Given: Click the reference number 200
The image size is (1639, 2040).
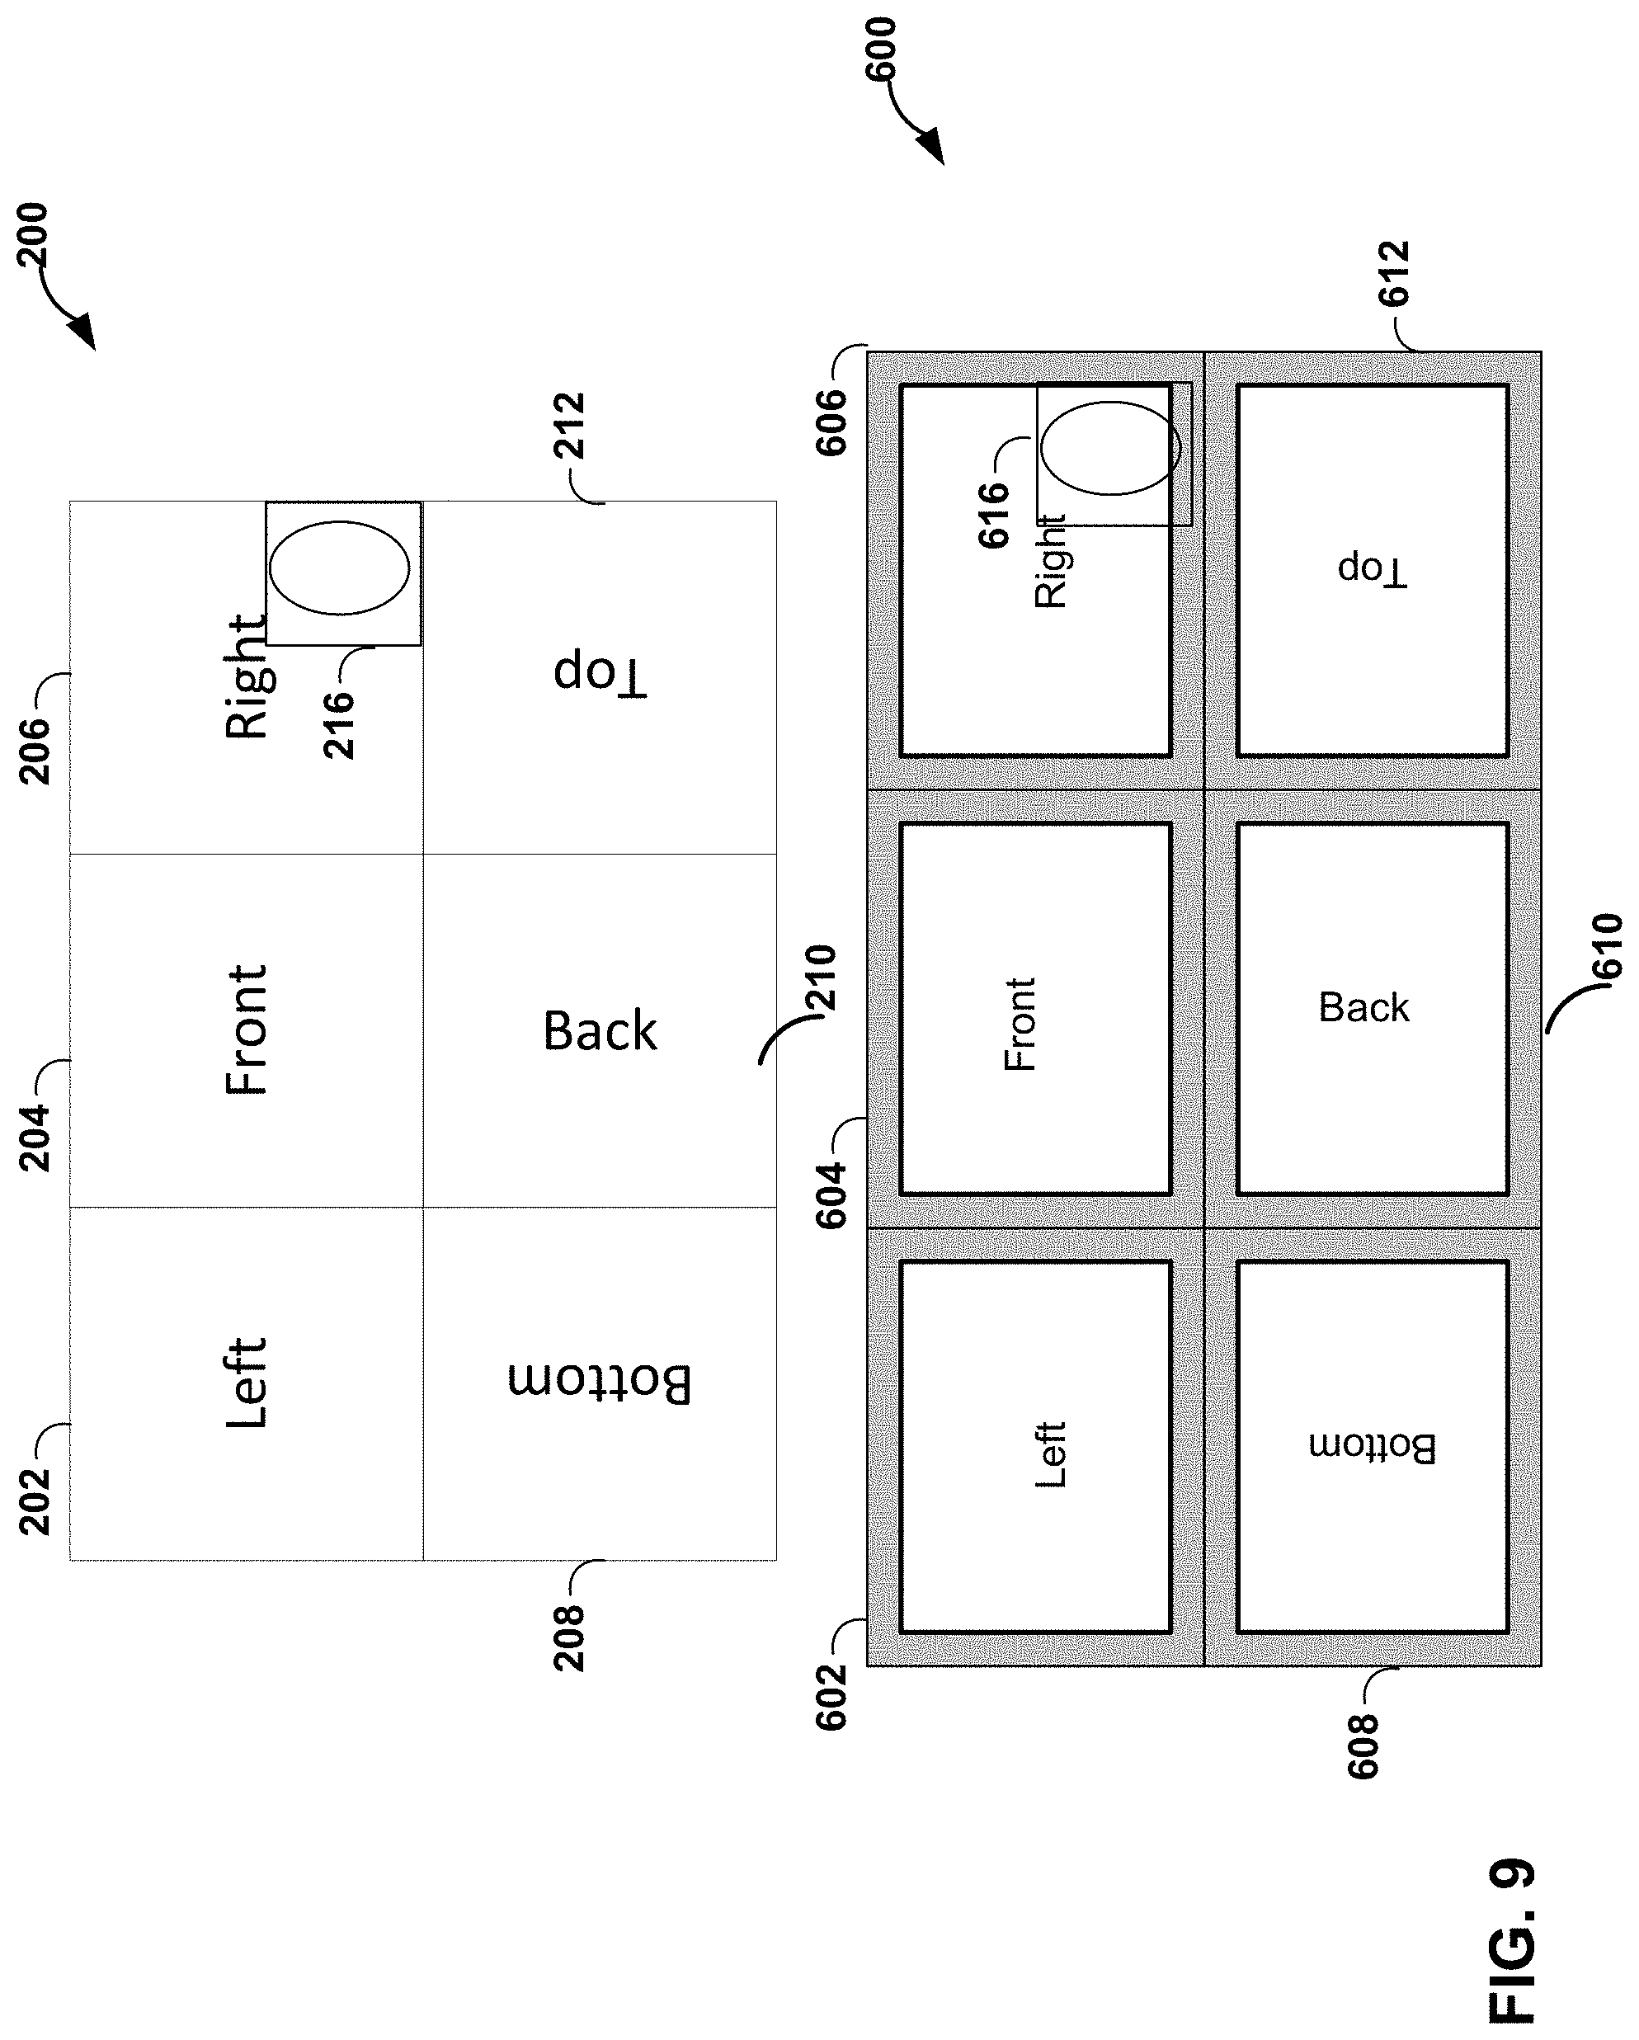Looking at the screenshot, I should [x=33, y=234].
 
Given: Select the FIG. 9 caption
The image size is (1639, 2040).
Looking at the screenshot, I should [x=1512, y=1945].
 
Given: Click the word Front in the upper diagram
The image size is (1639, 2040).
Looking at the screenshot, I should [x=246, y=1030].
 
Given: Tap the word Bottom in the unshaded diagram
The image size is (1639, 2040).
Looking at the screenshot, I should [x=600, y=1383].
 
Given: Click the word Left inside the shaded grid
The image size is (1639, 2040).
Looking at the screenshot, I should [x=1050, y=1455].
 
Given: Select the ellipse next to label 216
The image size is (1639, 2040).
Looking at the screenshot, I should [x=339, y=568].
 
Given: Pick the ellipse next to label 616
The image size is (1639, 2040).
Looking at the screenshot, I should [x=1110, y=449].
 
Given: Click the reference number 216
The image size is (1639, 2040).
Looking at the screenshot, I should [x=339, y=725].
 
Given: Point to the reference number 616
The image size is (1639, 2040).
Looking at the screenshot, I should [x=994, y=516].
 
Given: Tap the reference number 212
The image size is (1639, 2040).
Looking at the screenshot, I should [x=570, y=426].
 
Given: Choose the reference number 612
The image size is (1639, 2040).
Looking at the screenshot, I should [x=1394, y=275].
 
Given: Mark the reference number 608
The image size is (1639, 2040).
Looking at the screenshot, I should [x=1363, y=1746].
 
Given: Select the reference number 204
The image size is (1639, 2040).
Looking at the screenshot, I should [x=35, y=1138].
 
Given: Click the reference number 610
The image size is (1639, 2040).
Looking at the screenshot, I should [x=1608, y=946].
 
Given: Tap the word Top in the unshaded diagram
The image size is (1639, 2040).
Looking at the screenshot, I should [x=600, y=674].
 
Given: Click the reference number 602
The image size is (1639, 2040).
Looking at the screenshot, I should [x=831, y=1698].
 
